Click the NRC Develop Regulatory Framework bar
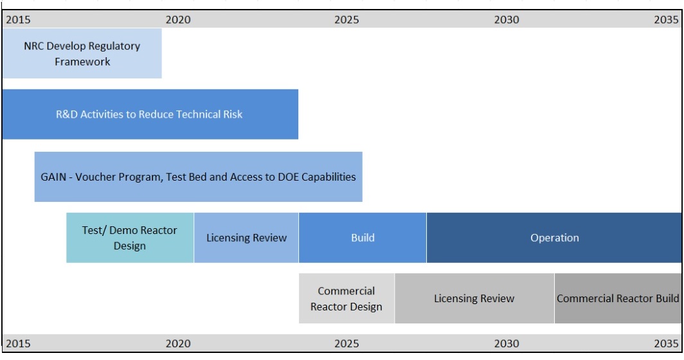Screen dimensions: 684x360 (82, 53)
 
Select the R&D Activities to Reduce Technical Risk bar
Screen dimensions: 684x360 (150, 114)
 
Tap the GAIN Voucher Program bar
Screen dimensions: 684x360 (199, 177)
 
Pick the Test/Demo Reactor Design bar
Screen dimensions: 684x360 (130, 238)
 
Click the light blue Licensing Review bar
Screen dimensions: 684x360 (246, 238)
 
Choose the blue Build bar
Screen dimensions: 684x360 (363, 238)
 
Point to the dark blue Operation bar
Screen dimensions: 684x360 (554, 238)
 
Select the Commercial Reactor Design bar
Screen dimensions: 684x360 (346, 298)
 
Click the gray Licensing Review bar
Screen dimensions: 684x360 (474, 298)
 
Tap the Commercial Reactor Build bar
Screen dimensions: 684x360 (618, 298)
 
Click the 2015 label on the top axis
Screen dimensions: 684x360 (18, 20)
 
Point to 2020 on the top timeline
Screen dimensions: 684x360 (178, 20)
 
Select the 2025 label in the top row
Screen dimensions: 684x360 (346, 20)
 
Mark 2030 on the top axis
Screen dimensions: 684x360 (507, 20)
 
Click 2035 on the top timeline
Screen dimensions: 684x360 (666, 20)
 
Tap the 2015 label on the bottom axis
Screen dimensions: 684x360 (18, 343)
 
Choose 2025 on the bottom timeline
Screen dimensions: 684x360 (346, 343)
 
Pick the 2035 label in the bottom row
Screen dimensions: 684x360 (666, 343)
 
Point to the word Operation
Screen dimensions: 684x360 (554, 239)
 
